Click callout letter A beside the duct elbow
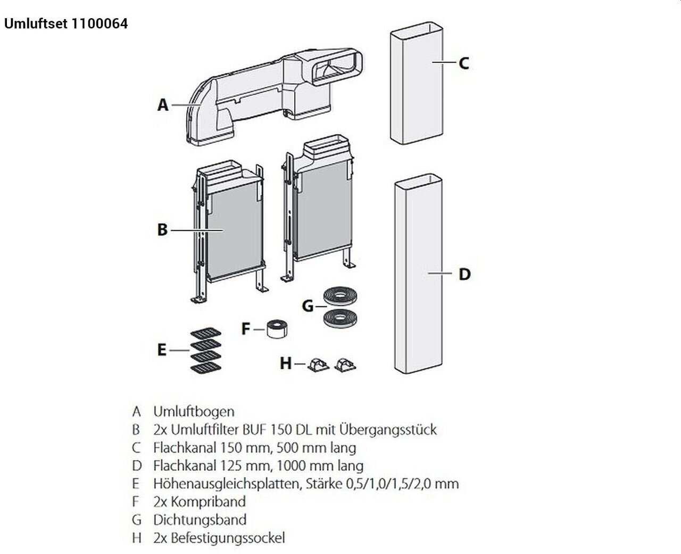pos(163,105)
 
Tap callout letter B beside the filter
pos(162,230)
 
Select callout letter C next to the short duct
pos(464,63)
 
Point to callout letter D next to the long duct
pos(464,274)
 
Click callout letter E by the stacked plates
pos(162,350)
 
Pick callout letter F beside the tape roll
pos(245,329)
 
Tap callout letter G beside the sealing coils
pos(308,306)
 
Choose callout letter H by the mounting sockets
pos(286,363)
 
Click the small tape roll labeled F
pos(277,329)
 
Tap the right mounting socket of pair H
pos(345,364)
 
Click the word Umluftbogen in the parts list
pos(194,411)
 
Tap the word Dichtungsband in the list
pos(200,520)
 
